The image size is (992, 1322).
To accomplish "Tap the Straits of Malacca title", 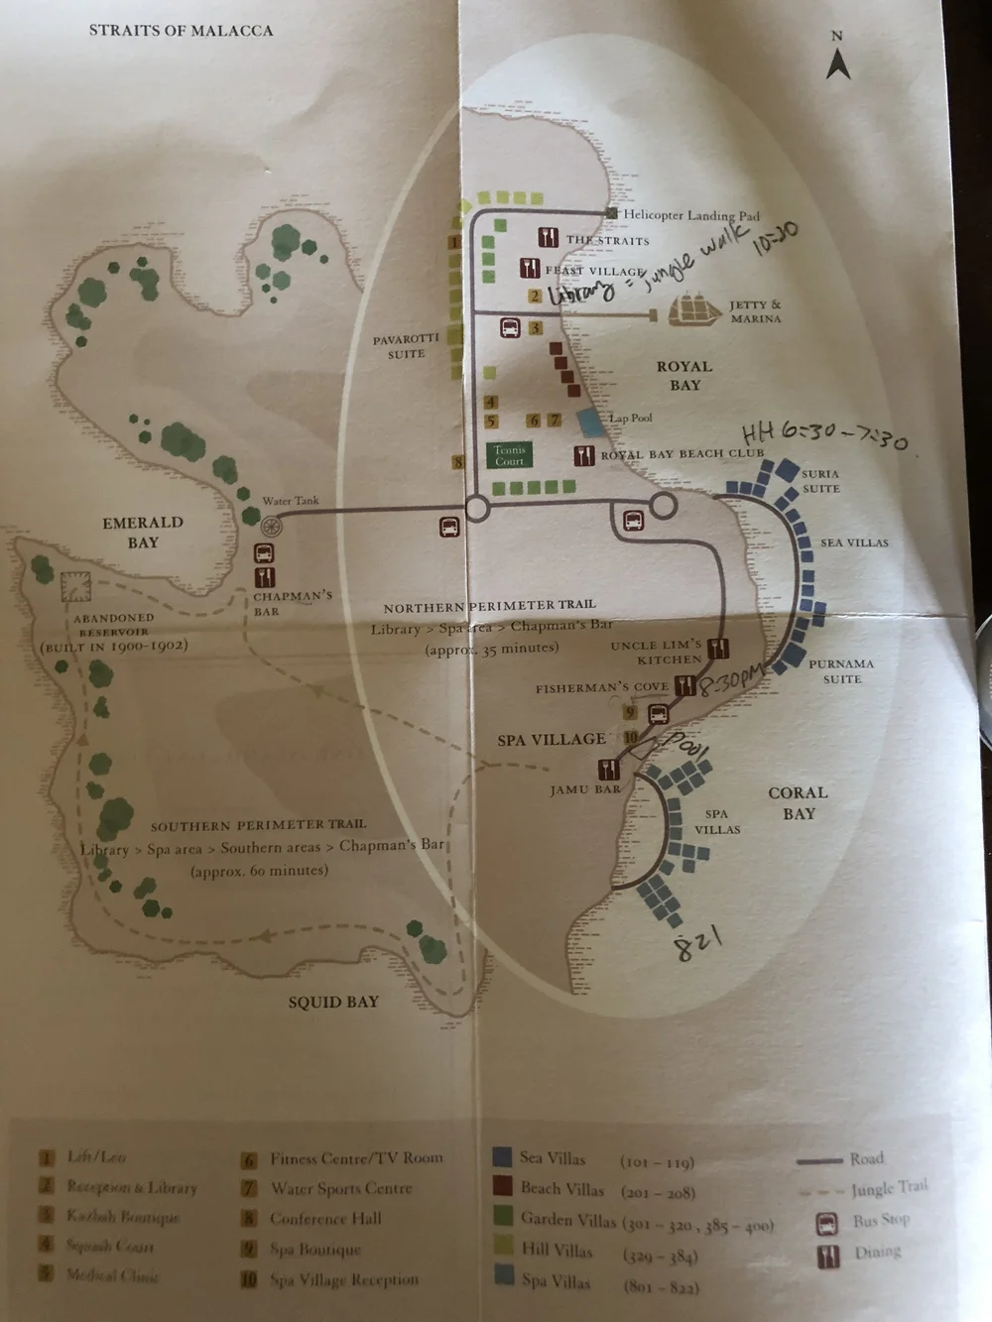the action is tap(181, 31).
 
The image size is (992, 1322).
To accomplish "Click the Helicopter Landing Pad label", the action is tap(690, 215).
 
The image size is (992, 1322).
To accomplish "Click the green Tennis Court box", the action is tap(510, 455).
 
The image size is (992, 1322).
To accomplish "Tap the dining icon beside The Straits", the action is tap(547, 238).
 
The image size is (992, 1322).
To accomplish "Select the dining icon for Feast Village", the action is tap(529, 268).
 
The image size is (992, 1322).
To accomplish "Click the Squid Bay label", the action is tap(333, 1002).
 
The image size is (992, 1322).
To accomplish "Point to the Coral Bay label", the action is tap(798, 802).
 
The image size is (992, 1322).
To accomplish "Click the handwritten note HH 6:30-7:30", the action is tap(824, 435).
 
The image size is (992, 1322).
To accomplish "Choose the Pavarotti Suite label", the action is tap(406, 346).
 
